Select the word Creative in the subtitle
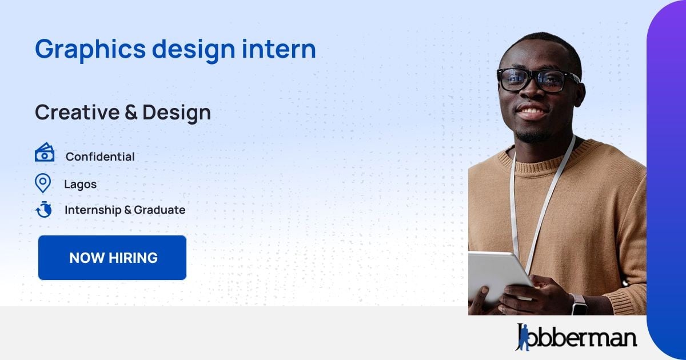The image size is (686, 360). coord(77,113)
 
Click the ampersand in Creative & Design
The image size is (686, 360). coord(130,113)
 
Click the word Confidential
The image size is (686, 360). coord(100,157)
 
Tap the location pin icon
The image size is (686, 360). coord(43,183)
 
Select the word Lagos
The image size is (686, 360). coord(80,184)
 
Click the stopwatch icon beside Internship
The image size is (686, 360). coord(43,210)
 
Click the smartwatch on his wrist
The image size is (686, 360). coord(579,304)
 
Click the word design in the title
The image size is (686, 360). coord(193,50)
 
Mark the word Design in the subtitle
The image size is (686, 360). coord(177,113)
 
